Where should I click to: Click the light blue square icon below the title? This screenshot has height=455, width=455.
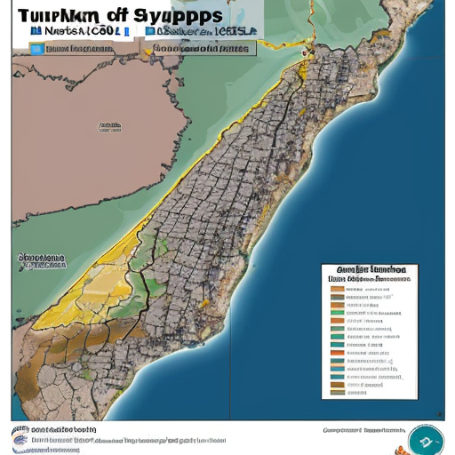pos(36,49)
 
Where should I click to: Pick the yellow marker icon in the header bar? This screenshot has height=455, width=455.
pos(148,49)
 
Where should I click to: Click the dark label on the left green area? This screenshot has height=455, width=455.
pos(42,260)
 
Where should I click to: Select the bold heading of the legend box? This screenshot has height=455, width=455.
pos(371,268)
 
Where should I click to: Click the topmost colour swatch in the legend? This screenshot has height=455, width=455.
pos(337,289)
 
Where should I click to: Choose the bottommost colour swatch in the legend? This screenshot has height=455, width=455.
pos(337,391)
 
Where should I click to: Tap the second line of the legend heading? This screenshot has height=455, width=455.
pos(370,278)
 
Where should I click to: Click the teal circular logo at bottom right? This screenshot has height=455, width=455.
pos(425,440)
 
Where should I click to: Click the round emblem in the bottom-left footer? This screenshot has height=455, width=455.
pos(20,435)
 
